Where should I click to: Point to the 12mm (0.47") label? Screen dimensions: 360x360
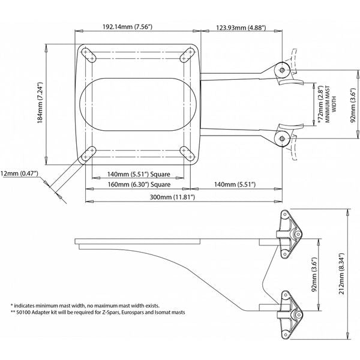[19, 173]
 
